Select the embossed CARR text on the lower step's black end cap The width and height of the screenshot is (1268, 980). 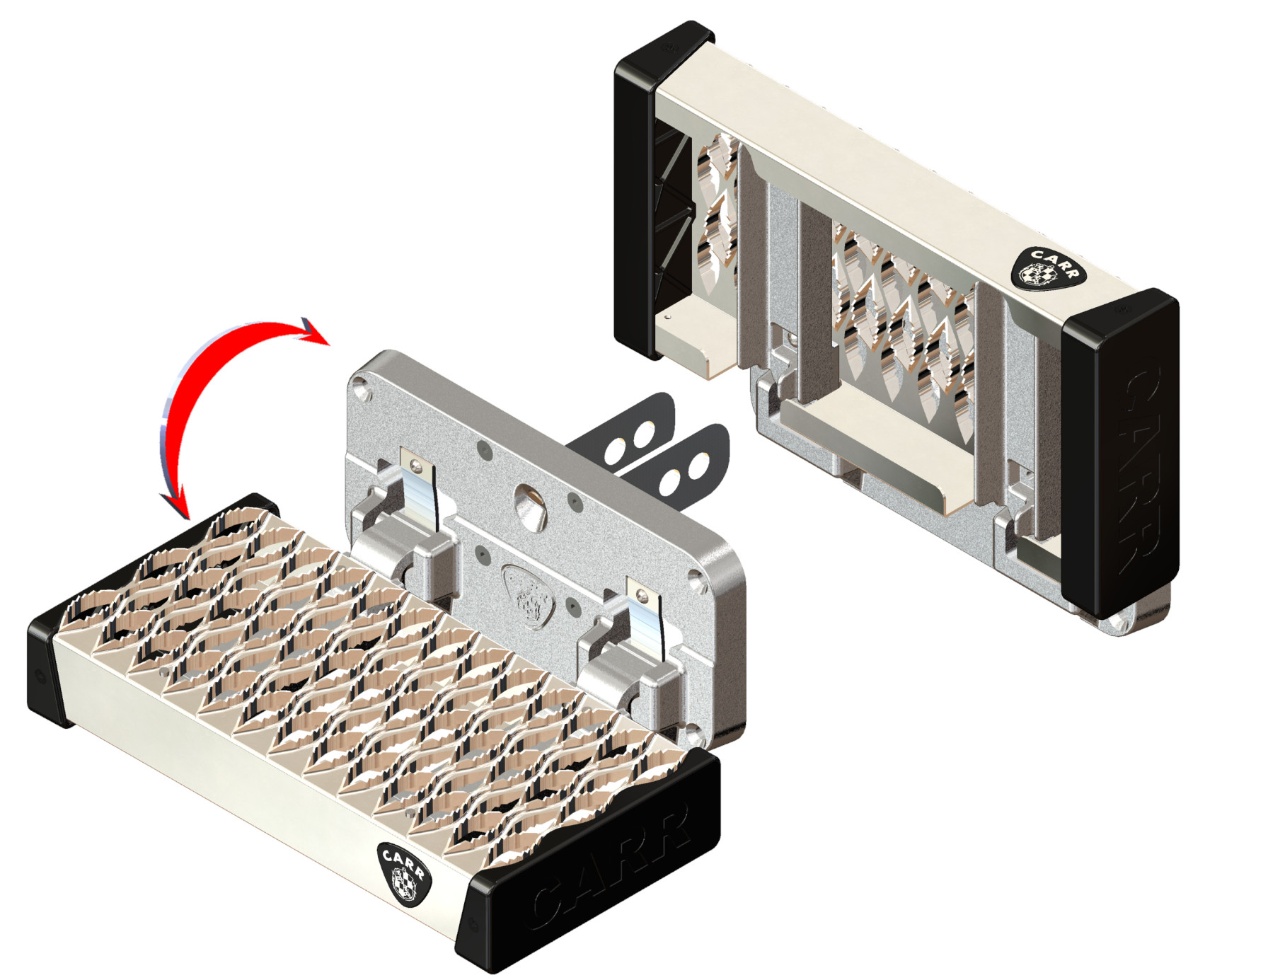[x=610, y=867]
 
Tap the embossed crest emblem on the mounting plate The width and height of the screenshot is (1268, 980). [x=529, y=596]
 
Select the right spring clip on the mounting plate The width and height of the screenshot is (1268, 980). [x=646, y=616]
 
